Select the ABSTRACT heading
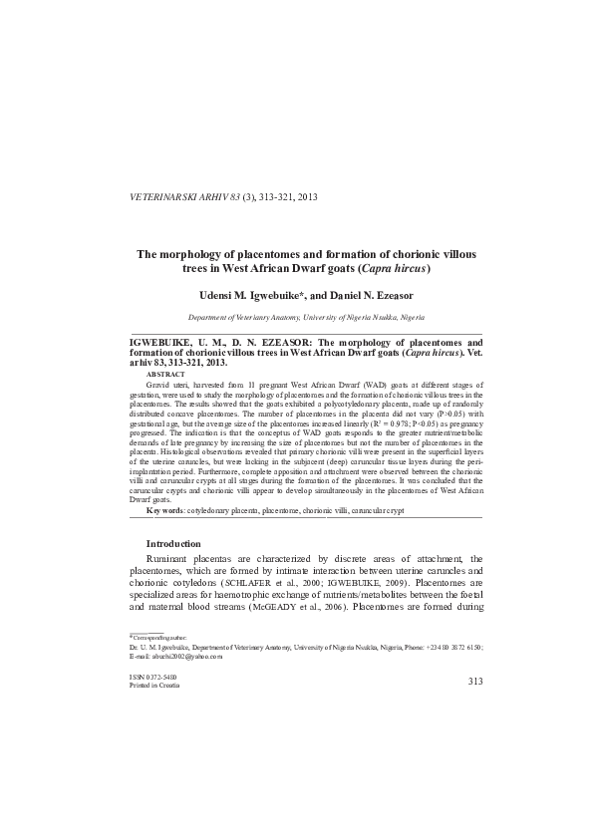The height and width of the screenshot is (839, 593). coord(165,373)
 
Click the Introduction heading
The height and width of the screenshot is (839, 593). coord(173,543)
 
